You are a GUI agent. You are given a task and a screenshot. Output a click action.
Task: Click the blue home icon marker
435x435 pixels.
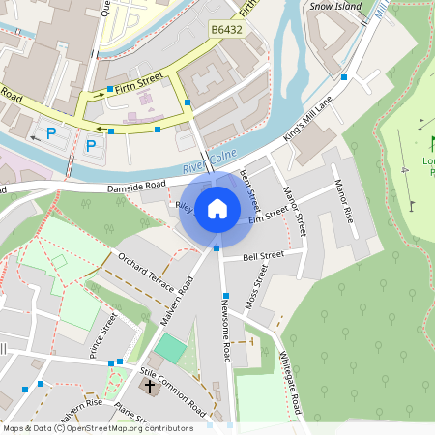(217, 209)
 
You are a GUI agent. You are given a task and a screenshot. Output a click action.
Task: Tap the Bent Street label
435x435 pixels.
(249, 189)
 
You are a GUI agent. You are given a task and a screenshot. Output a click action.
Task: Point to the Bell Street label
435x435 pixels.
(263, 257)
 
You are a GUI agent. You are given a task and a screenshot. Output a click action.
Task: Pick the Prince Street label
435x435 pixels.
(102, 334)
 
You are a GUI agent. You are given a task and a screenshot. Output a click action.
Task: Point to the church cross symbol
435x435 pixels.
(149, 387)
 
